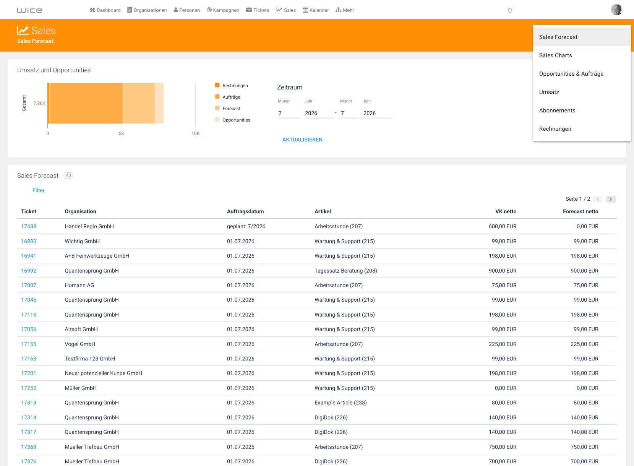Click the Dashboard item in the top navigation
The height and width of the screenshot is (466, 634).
pos(105,10)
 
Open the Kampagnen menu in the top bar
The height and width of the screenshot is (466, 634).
pos(223,10)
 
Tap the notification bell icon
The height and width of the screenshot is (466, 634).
pos(510,10)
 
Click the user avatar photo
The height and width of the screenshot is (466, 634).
pos(616,10)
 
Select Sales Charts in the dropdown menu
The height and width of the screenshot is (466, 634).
pos(555,55)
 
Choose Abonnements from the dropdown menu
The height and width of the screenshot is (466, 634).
pos(557,110)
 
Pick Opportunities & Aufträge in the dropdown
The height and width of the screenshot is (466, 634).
pos(571,74)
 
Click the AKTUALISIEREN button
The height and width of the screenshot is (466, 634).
pos(302,140)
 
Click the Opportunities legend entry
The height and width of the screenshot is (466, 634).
pos(236,120)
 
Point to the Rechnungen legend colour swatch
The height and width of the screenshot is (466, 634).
pos(217,85)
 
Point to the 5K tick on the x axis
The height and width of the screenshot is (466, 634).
pos(122,133)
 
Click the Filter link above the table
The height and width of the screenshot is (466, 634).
pos(39,190)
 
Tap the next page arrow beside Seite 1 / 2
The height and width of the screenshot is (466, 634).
pos(611,199)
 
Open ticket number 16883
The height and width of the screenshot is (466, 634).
pos(29,241)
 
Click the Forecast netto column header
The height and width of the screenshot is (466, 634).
pos(580,211)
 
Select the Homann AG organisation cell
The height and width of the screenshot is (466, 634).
pos(79,285)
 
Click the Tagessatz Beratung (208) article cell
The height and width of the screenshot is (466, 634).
pos(345,271)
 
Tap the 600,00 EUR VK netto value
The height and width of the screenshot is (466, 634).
pos(503,226)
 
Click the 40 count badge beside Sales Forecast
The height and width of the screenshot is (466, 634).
pos(68,175)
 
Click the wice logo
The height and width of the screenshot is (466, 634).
pos(29,10)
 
